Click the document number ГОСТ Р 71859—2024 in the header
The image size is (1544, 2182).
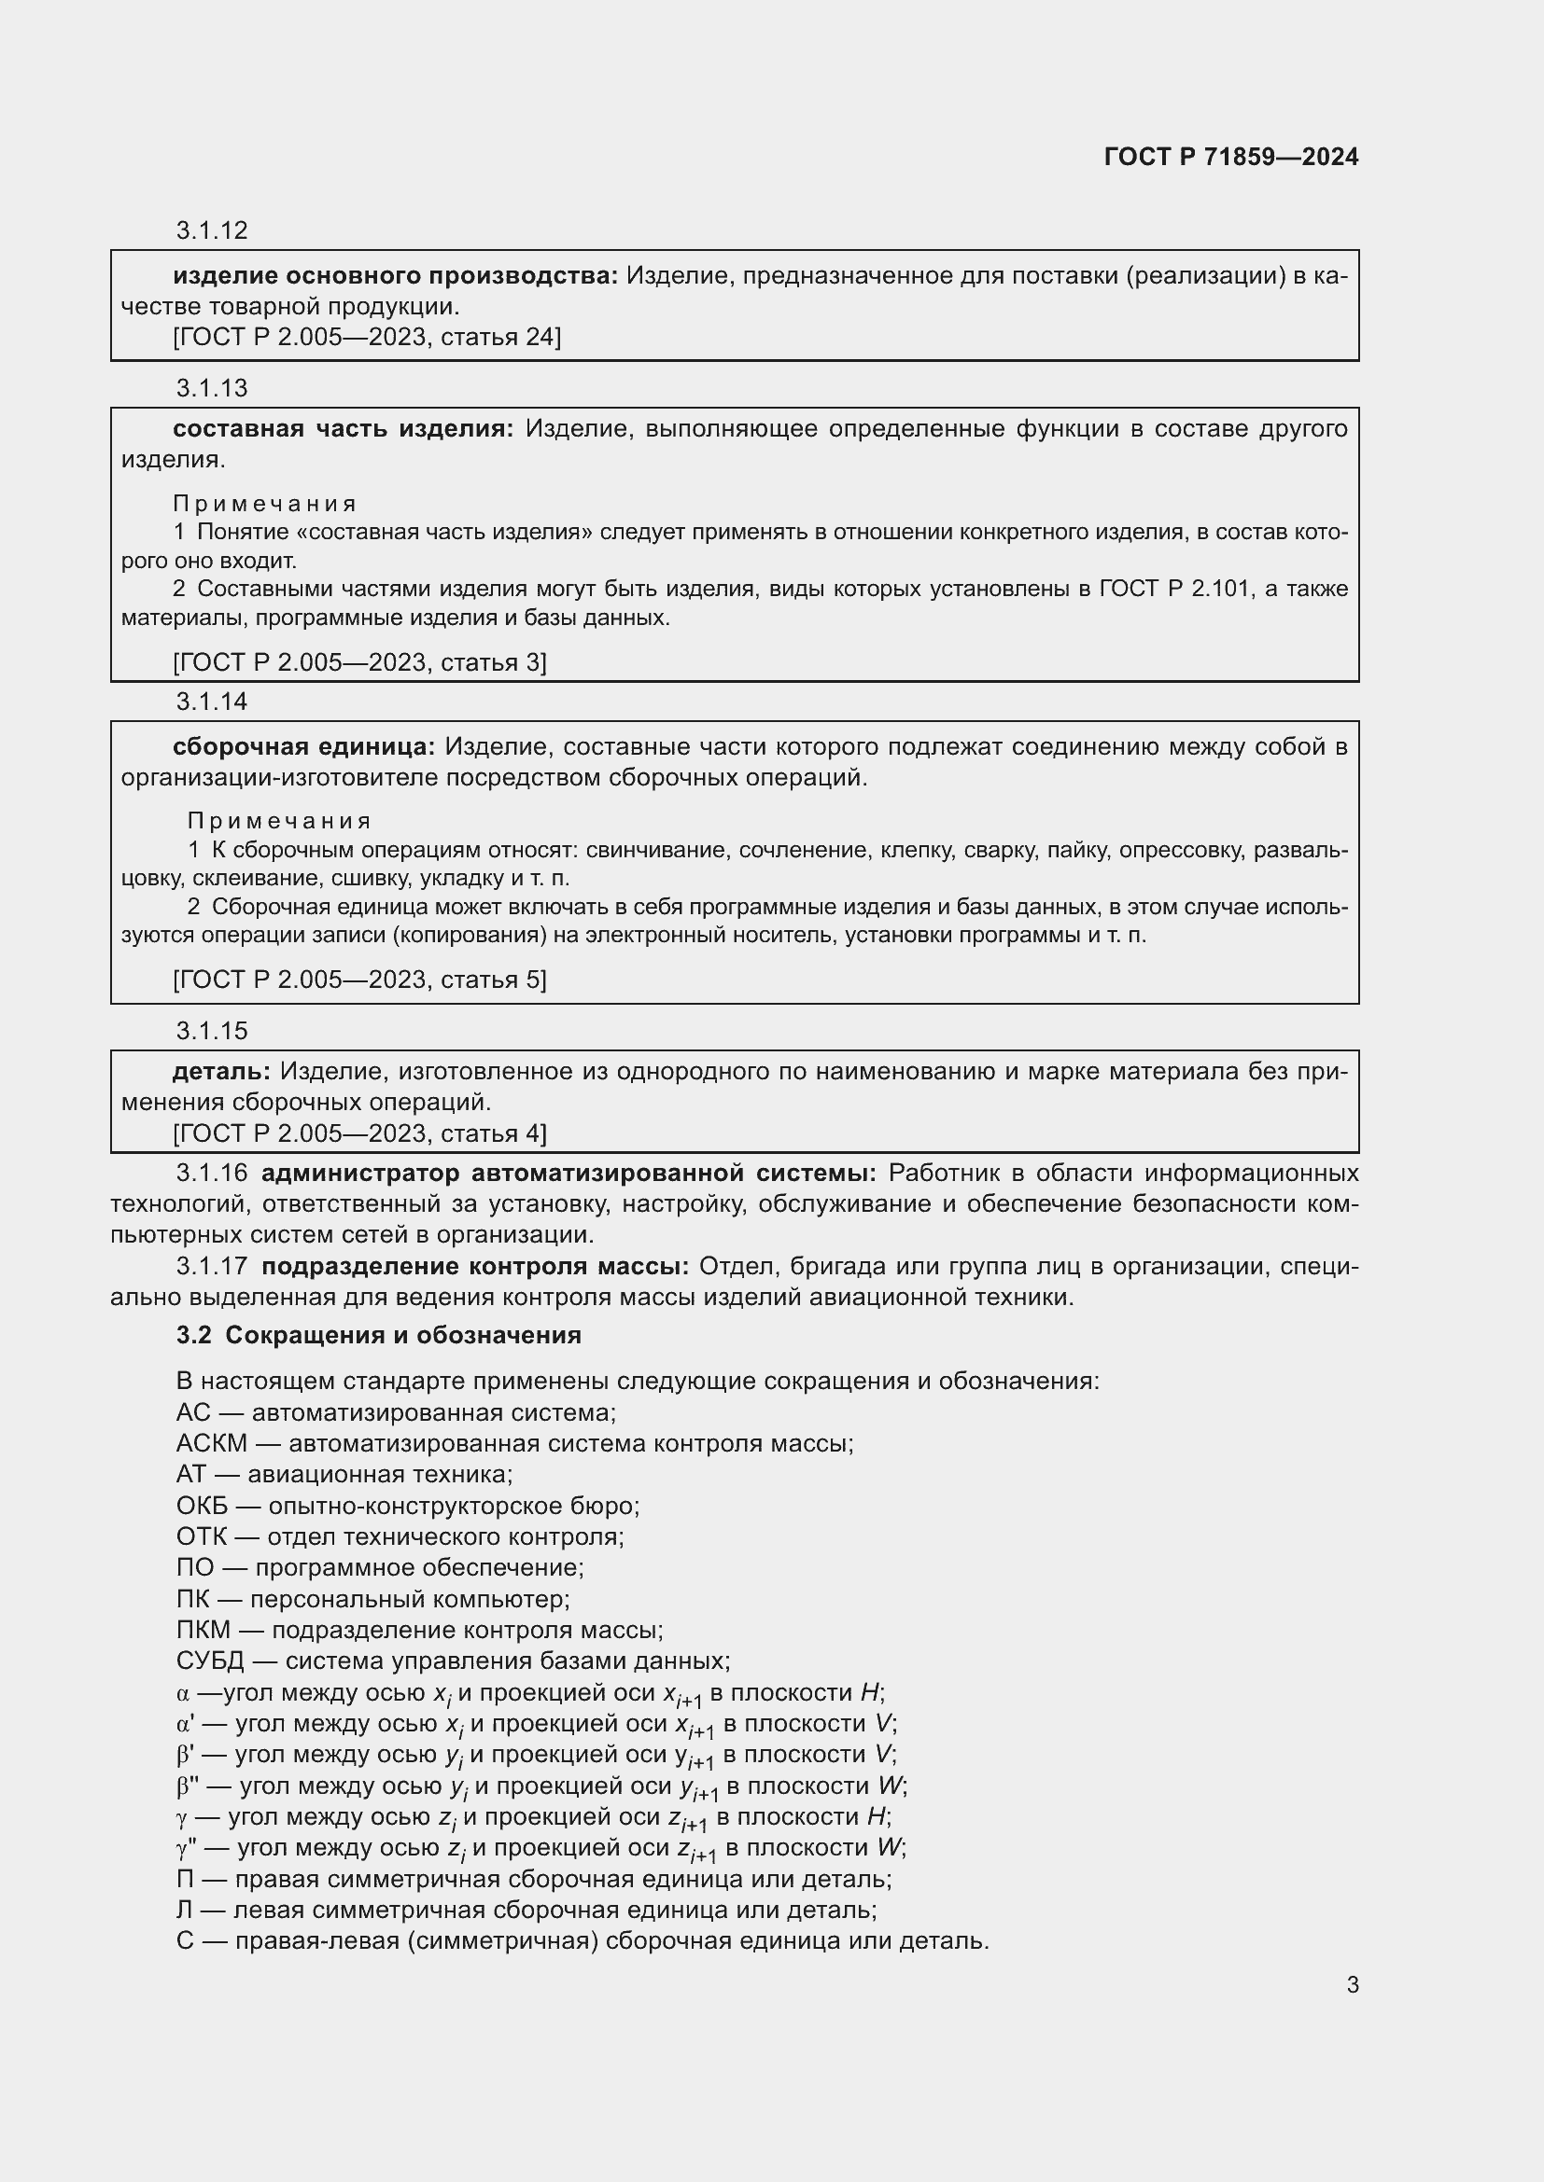(1231, 157)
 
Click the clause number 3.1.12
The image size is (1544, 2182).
(211, 230)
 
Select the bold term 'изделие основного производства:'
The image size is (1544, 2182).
(395, 276)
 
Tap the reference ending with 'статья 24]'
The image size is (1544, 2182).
(367, 338)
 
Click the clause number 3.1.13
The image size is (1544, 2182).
(211, 388)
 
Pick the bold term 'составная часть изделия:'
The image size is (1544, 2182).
(343, 429)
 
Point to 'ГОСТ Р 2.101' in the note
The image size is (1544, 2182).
(1174, 590)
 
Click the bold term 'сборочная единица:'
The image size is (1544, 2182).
(303, 747)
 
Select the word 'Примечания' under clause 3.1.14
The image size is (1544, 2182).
(278, 820)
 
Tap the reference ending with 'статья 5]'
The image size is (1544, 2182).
(359, 980)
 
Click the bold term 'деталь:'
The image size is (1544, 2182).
(220, 1072)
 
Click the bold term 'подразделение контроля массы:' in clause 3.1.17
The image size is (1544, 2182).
(475, 1267)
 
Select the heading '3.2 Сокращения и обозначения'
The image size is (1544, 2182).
(378, 1335)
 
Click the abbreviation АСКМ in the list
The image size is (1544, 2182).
(211, 1443)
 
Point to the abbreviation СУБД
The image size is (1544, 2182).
(210, 1661)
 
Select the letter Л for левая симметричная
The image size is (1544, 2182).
(185, 1911)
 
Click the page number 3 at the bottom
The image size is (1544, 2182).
(1352, 1985)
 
